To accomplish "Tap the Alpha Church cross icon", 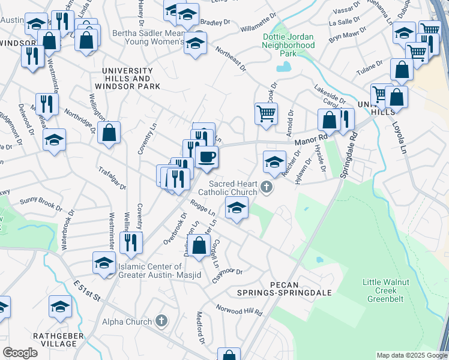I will coord(161,322).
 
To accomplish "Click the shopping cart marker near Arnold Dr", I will coord(267,113).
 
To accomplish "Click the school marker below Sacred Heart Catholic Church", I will coord(237,208).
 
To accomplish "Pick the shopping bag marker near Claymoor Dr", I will coord(199,245).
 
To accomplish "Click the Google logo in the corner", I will coord(20,352).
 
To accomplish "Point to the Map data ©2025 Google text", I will coord(411,356).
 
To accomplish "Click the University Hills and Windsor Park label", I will coord(130,79).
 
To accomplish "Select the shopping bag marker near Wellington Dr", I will coord(109,134).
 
